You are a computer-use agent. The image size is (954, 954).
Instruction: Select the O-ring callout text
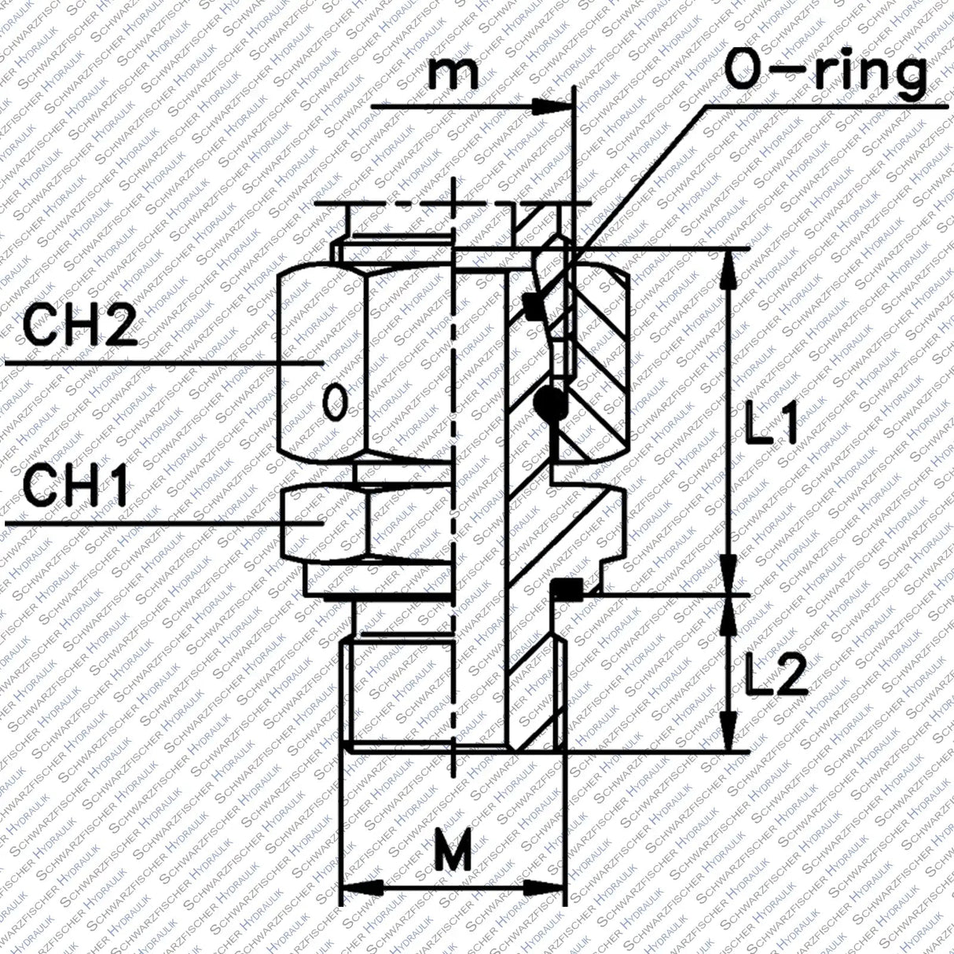[824, 72]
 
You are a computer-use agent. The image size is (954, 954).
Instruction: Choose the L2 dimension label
[774, 673]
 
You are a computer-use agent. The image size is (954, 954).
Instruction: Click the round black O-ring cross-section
[549, 402]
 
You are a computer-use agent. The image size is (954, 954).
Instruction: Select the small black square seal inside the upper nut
[533, 306]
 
